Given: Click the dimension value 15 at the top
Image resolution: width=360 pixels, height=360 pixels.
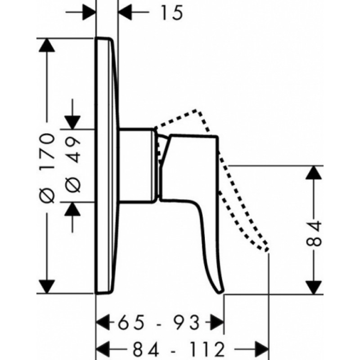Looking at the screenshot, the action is click(x=172, y=13).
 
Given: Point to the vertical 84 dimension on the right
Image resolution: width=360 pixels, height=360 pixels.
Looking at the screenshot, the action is click(x=314, y=233).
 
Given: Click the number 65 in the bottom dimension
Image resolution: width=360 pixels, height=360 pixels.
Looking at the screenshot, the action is click(x=131, y=322).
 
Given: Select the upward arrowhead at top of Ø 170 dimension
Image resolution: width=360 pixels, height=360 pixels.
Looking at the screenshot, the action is click(x=47, y=45).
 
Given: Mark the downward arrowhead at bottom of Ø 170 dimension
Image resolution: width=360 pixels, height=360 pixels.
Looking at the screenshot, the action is click(x=47, y=287).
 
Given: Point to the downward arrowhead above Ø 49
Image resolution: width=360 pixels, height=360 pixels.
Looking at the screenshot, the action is click(x=72, y=122).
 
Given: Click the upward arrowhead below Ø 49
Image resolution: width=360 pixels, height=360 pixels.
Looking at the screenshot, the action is click(x=72, y=209).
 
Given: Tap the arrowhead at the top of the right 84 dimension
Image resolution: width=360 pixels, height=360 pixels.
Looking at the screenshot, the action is click(x=314, y=172).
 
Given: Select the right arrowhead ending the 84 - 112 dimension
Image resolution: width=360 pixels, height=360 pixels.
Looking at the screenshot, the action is click(x=262, y=350).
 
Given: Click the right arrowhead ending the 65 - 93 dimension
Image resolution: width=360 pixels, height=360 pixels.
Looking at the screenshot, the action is click(x=217, y=322).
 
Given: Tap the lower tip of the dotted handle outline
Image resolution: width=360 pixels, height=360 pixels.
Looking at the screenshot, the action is click(x=266, y=250).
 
